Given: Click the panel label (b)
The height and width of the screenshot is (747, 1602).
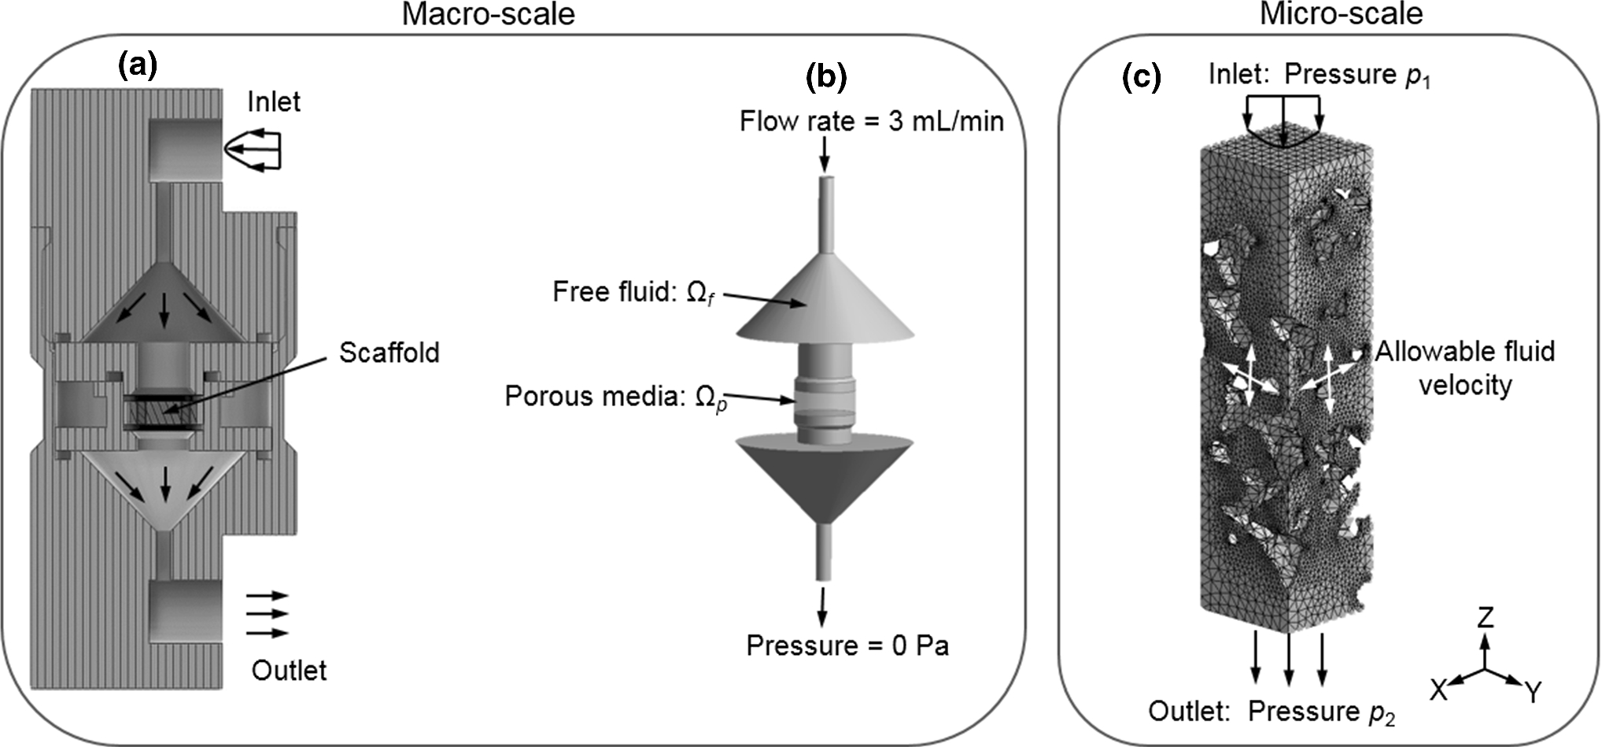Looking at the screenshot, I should (827, 76).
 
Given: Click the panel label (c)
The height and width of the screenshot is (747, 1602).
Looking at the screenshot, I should (1141, 76).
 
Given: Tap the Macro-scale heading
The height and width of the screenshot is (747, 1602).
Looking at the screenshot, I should (488, 14).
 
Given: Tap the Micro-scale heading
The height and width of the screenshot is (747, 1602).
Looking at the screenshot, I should (1341, 14).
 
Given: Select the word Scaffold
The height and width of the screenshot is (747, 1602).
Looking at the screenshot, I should (389, 353).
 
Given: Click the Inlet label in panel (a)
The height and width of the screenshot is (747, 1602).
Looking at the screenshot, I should (273, 102).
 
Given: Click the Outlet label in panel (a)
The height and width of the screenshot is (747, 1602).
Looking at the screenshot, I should (289, 671).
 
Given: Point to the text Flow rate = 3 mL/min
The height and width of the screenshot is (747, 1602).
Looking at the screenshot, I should (871, 121).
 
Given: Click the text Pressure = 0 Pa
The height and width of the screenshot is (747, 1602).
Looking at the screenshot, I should (847, 646).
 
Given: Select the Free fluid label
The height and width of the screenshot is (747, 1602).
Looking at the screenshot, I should (633, 293).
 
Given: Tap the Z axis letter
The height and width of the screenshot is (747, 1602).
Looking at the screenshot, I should (1485, 617).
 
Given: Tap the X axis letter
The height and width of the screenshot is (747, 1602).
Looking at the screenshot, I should (1438, 690).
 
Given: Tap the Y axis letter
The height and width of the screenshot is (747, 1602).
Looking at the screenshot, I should (1534, 692).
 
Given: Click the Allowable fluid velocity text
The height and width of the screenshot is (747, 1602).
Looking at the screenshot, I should (1464, 368).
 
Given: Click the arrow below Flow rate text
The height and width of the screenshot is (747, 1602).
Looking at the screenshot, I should (824, 154).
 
